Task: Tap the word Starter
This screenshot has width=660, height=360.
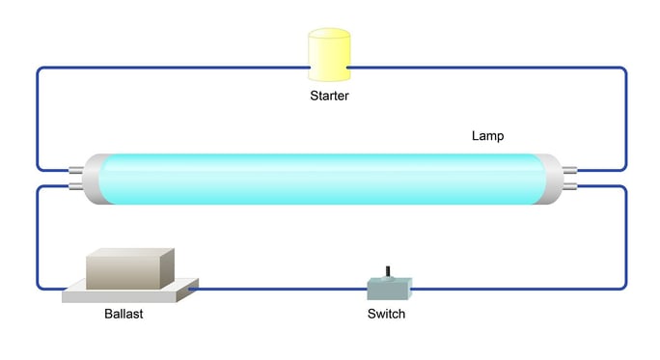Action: click(329, 96)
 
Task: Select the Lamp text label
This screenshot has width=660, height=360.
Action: click(487, 136)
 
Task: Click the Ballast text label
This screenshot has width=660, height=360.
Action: click(124, 315)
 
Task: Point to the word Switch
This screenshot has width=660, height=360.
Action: click(386, 315)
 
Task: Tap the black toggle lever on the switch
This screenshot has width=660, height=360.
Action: click(388, 271)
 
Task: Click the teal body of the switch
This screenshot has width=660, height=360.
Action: click(389, 288)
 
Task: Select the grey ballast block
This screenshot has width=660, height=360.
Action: click(129, 267)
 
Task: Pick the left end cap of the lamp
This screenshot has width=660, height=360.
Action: click(93, 179)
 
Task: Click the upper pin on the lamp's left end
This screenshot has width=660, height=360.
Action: click(75, 170)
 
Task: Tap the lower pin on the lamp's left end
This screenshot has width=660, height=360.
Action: click(75, 187)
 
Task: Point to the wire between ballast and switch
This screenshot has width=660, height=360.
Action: click(280, 288)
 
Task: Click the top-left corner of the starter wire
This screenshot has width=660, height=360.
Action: click(40, 70)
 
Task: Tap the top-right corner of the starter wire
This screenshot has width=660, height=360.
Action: click(623, 70)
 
